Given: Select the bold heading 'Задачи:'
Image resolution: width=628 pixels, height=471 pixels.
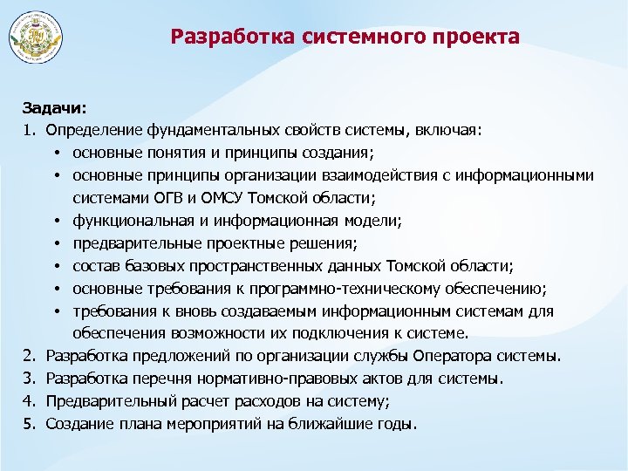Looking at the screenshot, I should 54,108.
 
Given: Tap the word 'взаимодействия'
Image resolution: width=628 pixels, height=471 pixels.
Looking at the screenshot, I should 361,175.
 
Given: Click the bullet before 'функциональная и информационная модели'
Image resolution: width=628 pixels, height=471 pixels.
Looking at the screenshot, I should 55,222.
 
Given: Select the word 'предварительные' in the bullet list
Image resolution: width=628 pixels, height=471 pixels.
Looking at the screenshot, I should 130,243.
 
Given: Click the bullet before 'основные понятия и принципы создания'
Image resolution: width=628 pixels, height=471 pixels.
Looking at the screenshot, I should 55,154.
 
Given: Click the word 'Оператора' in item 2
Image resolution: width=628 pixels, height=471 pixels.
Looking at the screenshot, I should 456,356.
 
